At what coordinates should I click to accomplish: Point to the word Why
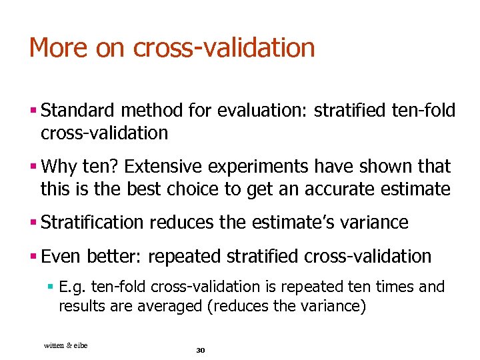[59, 166]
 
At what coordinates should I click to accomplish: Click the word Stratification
[92, 222]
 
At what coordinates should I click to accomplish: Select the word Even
[60, 256]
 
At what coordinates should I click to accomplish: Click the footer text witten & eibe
[65, 345]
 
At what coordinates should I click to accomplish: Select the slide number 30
[200, 350]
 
